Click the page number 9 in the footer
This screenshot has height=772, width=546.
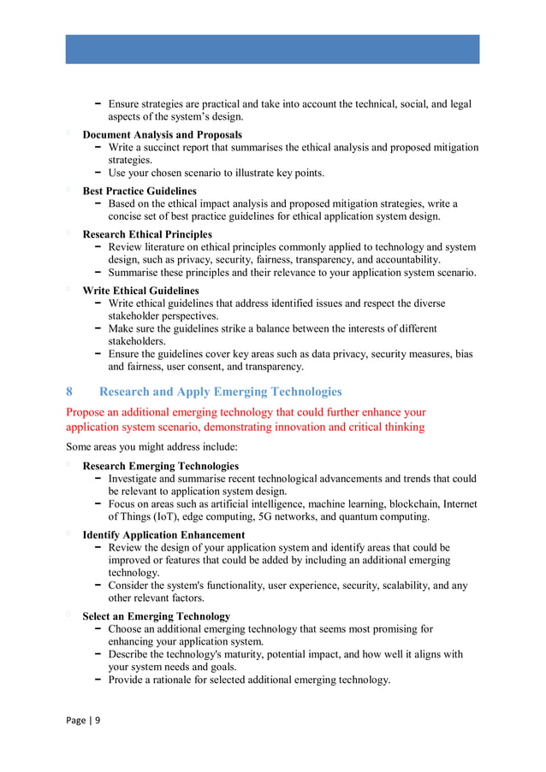pos(97,720)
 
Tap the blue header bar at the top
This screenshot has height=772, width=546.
pos(272,49)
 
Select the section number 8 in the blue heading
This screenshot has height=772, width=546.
pos(69,392)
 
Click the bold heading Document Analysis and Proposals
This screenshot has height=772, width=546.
pos(162,135)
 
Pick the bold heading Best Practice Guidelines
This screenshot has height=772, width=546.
pos(139,191)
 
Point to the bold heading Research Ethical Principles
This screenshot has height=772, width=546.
pos(147,234)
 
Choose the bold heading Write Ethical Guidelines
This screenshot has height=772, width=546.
pos(140,291)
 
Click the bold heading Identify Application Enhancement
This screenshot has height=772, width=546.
pos(163,535)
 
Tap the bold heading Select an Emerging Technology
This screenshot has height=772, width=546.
pos(156,616)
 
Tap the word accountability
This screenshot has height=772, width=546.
pos(404,260)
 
